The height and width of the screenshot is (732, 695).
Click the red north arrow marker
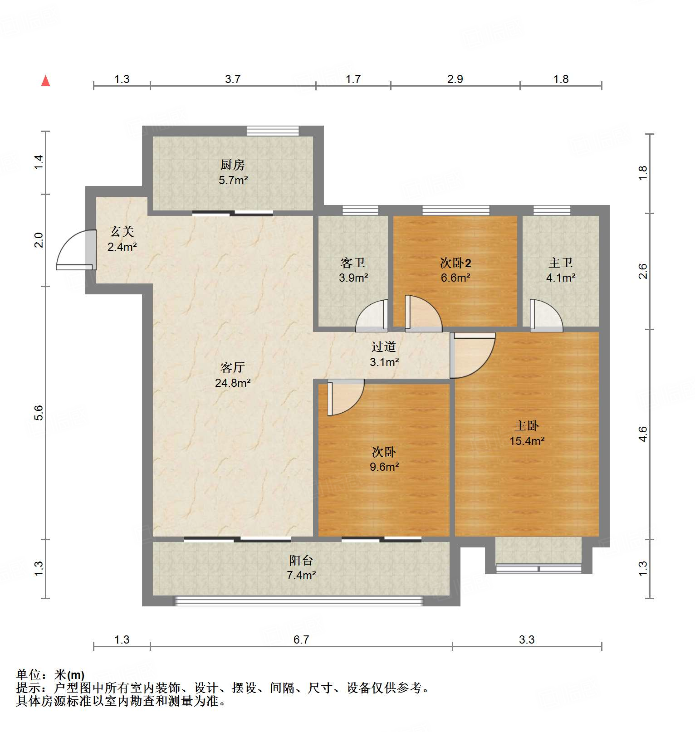(x=45, y=81)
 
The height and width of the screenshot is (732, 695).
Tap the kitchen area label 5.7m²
(x=233, y=181)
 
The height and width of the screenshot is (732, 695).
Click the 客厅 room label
(x=233, y=367)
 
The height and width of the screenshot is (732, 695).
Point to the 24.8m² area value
(x=233, y=383)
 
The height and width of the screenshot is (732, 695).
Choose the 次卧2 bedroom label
(x=455, y=263)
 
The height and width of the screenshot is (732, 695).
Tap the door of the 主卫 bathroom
(x=546, y=316)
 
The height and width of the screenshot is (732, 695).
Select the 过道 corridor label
(x=384, y=347)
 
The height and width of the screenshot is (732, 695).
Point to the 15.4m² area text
(x=527, y=441)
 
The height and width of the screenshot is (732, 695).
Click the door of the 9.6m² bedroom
(x=345, y=397)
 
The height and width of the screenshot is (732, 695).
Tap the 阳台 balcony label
(x=301, y=560)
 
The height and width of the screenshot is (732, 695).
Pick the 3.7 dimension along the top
(x=233, y=79)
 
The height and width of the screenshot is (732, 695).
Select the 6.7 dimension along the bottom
(x=301, y=639)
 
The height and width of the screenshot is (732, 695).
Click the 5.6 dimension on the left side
(x=39, y=413)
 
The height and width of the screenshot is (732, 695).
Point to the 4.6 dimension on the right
(x=643, y=434)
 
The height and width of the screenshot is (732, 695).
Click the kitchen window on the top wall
(x=273, y=131)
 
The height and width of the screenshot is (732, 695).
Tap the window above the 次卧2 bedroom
(x=456, y=210)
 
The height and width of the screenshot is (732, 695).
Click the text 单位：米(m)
(x=50, y=675)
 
